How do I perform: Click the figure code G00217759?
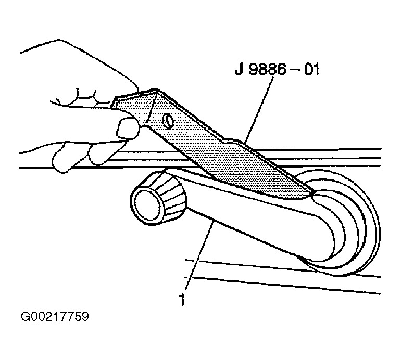click(55, 316)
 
